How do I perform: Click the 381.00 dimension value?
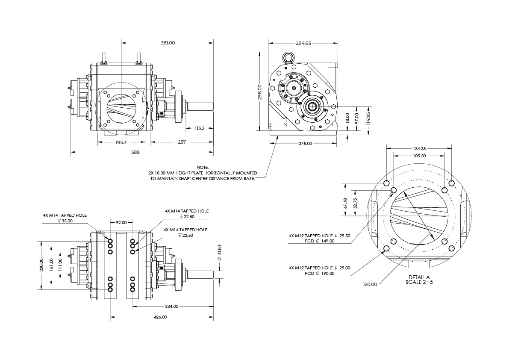coord(168,43)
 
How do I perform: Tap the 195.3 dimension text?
coord(121,142)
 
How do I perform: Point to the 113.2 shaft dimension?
coord(199,128)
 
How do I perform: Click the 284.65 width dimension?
coord(303,43)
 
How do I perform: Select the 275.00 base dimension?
coord(306,143)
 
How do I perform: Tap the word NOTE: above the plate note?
coord(202,167)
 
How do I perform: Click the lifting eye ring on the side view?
coord(288,56)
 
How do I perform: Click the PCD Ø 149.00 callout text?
coord(312,241)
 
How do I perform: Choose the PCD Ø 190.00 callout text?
coord(312,273)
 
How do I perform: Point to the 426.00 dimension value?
coord(161,317)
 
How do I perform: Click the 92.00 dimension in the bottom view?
coord(121,222)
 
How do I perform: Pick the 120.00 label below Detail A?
coord(370,284)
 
